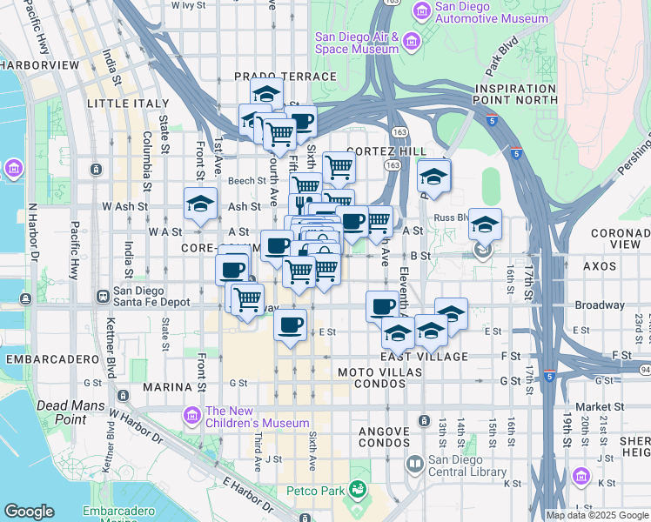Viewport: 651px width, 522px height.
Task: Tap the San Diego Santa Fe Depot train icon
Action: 104,296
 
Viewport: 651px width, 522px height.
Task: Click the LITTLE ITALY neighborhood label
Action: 128,103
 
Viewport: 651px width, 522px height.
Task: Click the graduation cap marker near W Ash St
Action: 200,205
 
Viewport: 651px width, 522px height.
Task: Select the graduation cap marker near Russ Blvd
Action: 484,225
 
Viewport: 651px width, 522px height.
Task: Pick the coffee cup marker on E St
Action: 290,325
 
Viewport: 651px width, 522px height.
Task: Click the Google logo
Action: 29,512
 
